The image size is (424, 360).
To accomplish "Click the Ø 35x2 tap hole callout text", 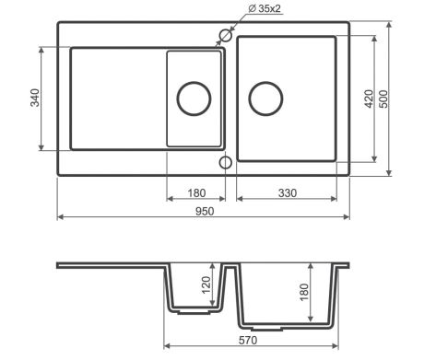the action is (265, 8).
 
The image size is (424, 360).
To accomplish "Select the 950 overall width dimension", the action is (205, 212).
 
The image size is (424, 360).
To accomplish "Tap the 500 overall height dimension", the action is (383, 99).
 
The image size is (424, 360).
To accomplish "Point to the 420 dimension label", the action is (369, 99).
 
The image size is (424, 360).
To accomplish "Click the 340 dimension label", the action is (35, 98).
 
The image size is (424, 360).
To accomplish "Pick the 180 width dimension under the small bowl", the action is (196, 193).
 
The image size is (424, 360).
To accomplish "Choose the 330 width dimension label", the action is (288, 193).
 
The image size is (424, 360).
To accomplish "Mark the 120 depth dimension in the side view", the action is (206, 285).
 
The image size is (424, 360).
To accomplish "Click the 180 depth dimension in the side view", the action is (303, 292).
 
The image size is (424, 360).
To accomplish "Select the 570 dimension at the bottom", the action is (248, 341).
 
